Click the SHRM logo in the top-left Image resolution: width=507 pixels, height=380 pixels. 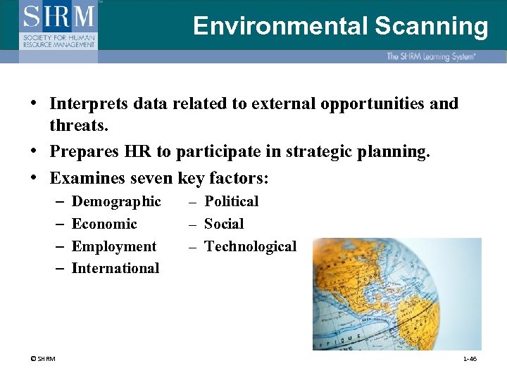pyautogui.click(x=59, y=25)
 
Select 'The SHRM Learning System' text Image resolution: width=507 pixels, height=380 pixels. pyautogui.click(x=430, y=56)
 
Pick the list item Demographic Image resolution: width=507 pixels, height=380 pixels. pyautogui.click(x=116, y=201)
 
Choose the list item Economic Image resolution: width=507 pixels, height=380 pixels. pyautogui.click(x=104, y=224)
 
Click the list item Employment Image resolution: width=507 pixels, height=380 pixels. pyautogui.click(x=114, y=246)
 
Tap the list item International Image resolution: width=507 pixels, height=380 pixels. pyautogui.click(x=115, y=268)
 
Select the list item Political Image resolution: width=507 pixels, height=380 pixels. pyautogui.click(x=231, y=201)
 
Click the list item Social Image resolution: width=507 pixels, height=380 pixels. pyautogui.click(x=224, y=224)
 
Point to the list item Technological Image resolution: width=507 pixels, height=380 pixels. pyautogui.click(x=250, y=246)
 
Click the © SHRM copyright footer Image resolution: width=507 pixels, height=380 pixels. pyautogui.click(x=43, y=360)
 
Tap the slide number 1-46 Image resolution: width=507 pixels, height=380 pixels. pyautogui.click(x=470, y=360)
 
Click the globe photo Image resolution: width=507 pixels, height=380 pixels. pyautogui.click(x=397, y=293)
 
